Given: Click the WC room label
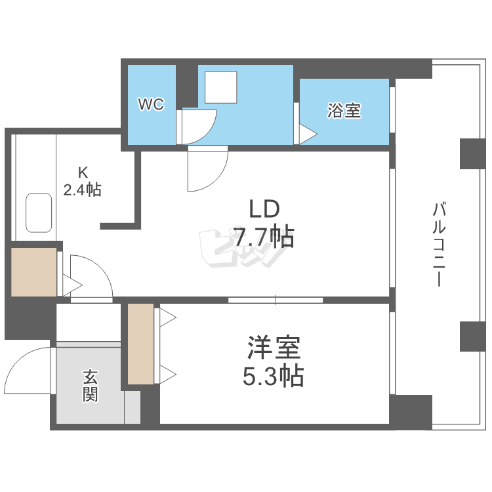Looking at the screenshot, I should [150, 104].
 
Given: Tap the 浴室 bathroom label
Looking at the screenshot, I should [344, 110].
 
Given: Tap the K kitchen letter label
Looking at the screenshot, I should [83, 173].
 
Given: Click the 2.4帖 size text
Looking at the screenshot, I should [82, 190].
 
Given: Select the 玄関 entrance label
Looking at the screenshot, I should [90, 386].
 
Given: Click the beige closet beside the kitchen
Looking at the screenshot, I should [33, 272].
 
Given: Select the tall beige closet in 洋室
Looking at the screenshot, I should [140, 344].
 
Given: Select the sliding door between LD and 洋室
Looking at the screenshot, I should [276, 300].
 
